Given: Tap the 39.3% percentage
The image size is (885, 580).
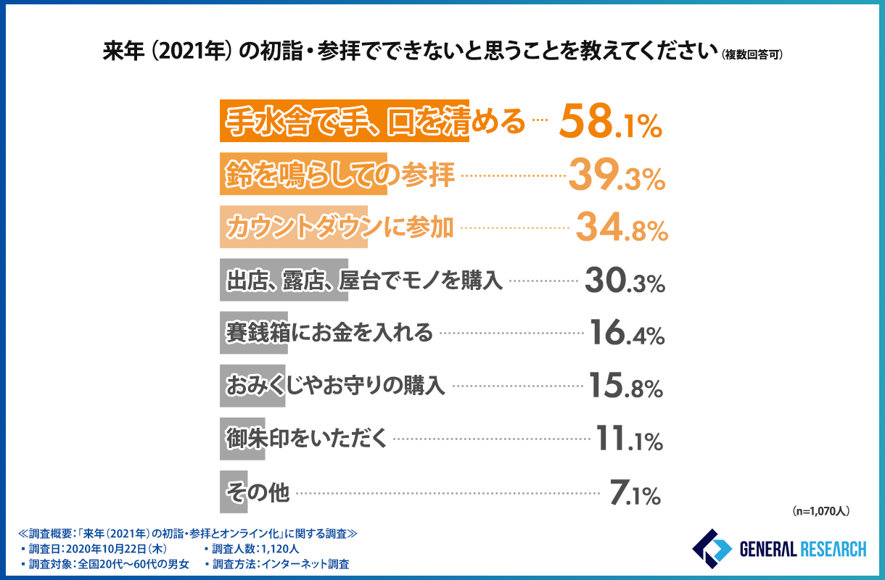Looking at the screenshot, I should coord(616,176).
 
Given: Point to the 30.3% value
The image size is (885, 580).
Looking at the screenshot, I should coord(625,282).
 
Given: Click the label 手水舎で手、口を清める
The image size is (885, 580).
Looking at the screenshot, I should coord(374,122).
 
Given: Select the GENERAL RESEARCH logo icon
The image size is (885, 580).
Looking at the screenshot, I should coord(712,550).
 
